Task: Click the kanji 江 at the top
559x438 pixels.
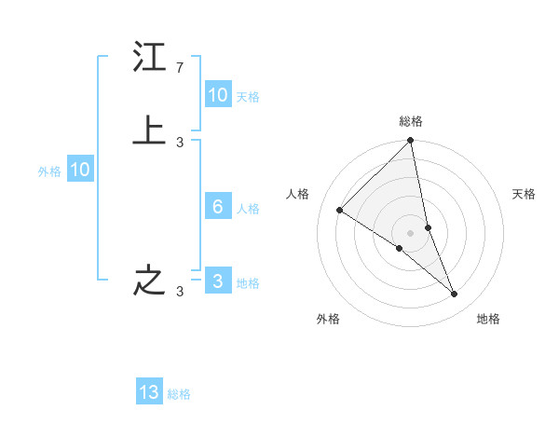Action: [149, 59]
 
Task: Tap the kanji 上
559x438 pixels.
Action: [149, 131]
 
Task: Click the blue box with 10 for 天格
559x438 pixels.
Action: [218, 95]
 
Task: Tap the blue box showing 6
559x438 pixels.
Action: [218, 207]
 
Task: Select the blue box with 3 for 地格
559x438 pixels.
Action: [218, 281]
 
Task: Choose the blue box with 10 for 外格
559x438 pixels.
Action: [80, 170]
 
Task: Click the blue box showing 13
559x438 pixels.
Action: [149, 392]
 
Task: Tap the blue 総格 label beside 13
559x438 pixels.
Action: [179, 394]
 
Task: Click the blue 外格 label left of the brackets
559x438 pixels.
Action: [49, 171]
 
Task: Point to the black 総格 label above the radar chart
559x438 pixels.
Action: [410, 121]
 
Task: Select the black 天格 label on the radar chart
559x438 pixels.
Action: [525, 194]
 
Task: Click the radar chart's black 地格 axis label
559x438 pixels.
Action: [488, 319]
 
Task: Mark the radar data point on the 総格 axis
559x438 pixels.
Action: [410, 142]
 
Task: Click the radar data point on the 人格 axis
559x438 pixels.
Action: [340, 210]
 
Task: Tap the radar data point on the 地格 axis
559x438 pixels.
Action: [455, 294]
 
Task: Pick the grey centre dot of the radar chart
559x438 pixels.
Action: [410, 232]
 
